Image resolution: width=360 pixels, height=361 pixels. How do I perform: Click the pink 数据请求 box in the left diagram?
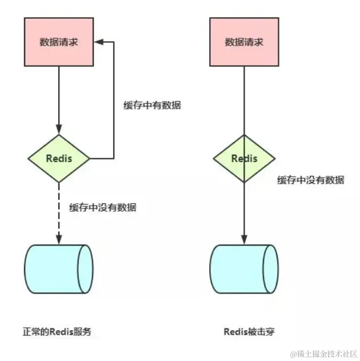[59, 41]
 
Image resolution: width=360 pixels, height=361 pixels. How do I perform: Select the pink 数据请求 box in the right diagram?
[245, 41]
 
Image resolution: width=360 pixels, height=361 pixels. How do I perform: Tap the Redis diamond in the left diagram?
[59, 158]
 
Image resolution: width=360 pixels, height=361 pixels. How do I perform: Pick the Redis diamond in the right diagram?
[245, 158]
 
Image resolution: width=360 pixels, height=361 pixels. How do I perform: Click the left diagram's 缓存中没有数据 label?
[103, 207]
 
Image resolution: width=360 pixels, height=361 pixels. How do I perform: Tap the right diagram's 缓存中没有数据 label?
[311, 180]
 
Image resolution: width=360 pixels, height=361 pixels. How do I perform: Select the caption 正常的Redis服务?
[57, 331]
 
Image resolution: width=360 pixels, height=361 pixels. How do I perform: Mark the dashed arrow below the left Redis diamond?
[59, 211]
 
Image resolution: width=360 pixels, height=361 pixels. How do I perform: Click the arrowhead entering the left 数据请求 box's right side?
[99, 42]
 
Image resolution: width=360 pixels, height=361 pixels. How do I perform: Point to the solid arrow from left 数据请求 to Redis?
[59, 97]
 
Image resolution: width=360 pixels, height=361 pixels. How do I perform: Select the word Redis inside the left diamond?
[59, 158]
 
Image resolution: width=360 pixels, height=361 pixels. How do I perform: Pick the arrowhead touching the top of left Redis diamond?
[59, 131]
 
